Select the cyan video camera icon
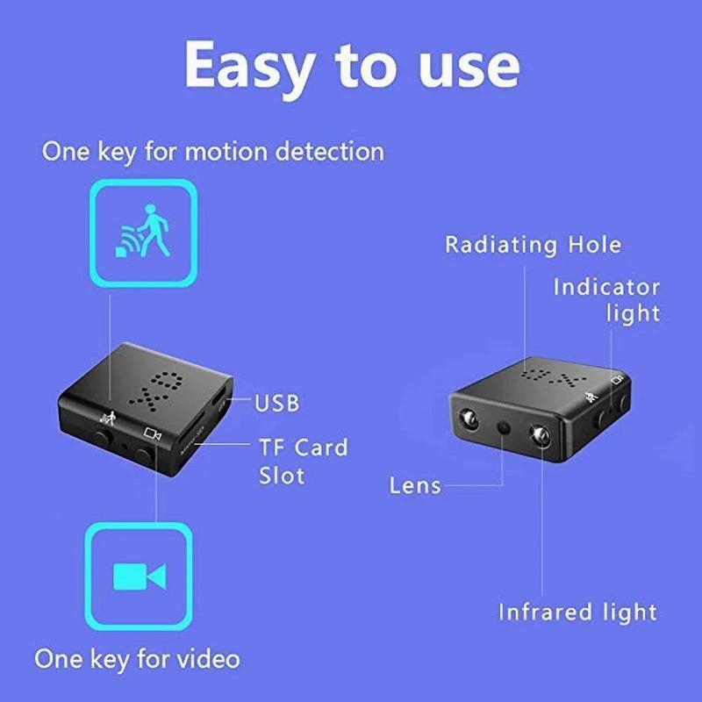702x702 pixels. pyautogui.click(x=139, y=576)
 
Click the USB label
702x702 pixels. pyautogui.click(x=276, y=403)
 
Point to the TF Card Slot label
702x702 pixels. pyautogui.click(x=303, y=462)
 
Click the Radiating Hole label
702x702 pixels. pyautogui.click(x=533, y=245)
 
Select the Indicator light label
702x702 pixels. pyautogui.click(x=606, y=299)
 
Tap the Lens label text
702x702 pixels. pyautogui.click(x=415, y=485)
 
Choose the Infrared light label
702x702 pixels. pyautogui.click(x=577, y=612)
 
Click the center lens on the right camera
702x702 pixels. pyautogui.click(x=504, y=427)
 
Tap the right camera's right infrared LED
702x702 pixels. pyautogui.click(x=537, y=434)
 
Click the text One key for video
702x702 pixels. pyautogui.click(x=137, y=657)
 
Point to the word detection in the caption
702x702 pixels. pyautogui.click(x=329, y=151)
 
